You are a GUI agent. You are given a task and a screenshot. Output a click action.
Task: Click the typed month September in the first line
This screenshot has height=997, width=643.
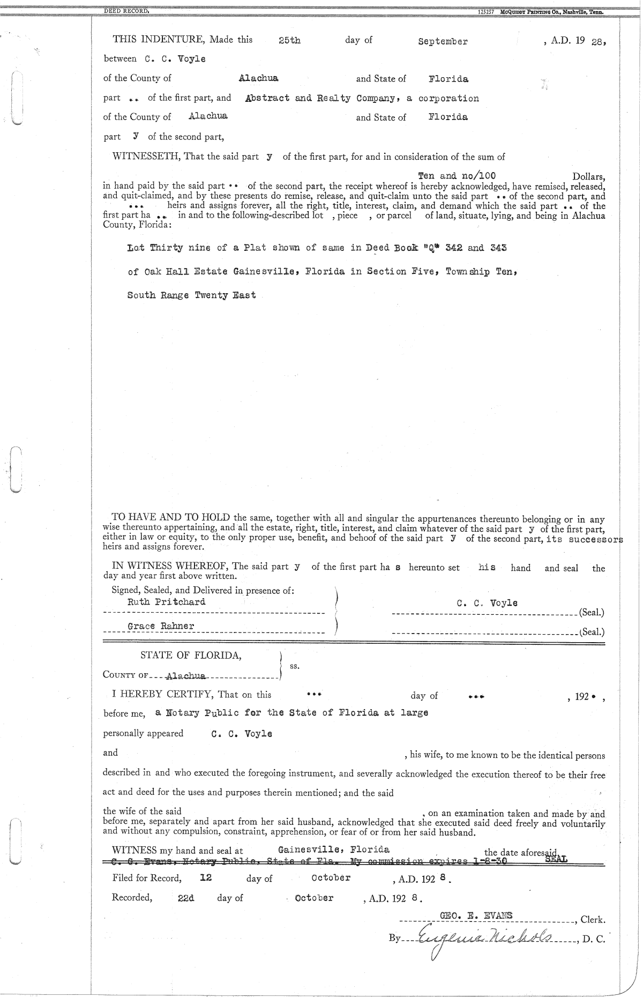tap(443, 42)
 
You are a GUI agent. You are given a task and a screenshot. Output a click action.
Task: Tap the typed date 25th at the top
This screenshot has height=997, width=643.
tap(290, 41)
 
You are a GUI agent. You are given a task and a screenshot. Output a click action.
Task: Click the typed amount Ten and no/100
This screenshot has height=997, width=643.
tap(457, 176)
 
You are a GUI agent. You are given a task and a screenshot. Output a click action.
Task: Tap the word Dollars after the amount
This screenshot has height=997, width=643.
tap(589, 176)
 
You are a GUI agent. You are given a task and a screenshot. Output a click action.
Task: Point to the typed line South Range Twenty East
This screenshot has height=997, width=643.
tap(191, 295)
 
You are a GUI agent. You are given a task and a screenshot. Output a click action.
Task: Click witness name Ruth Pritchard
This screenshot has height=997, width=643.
tap(166, 601)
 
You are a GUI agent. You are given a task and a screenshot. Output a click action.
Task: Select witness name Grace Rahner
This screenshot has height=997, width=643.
tap(161, 626)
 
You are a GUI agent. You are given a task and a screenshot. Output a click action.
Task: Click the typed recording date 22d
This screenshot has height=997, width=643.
tap(186, 898)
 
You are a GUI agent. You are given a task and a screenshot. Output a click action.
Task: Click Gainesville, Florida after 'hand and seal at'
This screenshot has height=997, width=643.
tap(334, 850)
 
